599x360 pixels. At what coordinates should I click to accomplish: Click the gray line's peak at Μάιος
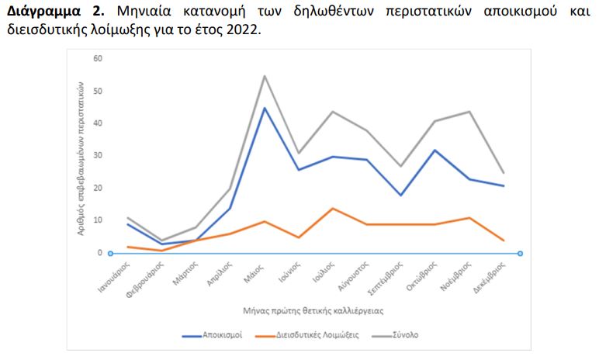coord(264,76)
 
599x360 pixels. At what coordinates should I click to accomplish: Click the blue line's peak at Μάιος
coord(264,108)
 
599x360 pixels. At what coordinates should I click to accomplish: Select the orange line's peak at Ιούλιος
coord(333,208)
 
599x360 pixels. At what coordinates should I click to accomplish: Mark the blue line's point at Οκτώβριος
coord(435,150)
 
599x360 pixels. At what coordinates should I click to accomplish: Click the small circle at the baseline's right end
coord(520,254)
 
